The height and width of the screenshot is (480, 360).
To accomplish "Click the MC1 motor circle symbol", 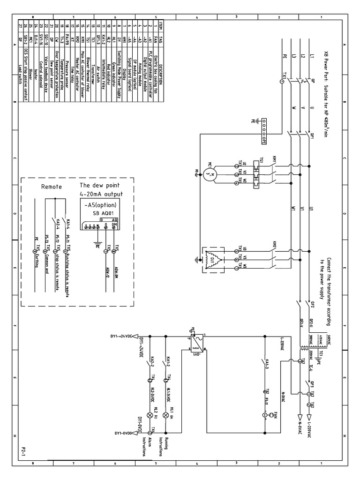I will [x=209, y=174].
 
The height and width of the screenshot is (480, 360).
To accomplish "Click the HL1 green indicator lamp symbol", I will [x=165, y=416].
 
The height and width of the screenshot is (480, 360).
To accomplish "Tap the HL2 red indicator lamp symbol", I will [x=150, y=416].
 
